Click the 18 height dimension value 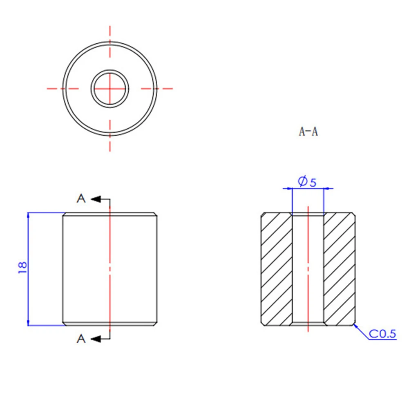pos(22,267)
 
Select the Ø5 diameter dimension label pos(307,181)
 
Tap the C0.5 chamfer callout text pos(382,334)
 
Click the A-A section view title pos(308,132)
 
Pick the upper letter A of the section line pos(81,199)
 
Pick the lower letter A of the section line pos(81,339)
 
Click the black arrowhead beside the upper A pos(96,199)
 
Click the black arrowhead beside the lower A pos(96,339)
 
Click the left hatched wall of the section pos(277,269)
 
